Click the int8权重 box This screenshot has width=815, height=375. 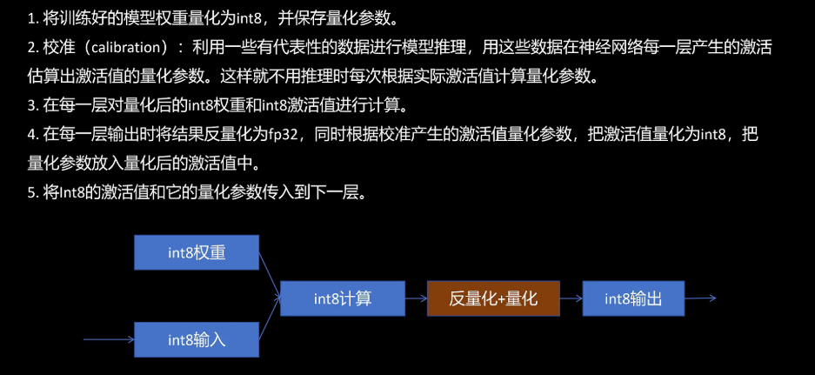(x=197, y=252)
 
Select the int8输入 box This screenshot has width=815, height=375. (x=197, y=338)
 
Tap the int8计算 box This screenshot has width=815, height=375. (x=343, y=298)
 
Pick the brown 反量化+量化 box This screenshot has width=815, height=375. (x=493, y=298)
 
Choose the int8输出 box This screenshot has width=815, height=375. (x=633, y=298)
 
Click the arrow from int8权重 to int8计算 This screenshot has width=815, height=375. (x=271, y=274)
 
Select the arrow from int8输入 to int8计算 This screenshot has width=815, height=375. (x=271, y=319)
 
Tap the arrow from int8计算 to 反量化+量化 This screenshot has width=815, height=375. (x=416, y=298)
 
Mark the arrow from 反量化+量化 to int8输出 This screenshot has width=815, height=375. (x=571, y=298)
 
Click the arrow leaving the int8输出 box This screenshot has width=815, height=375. (x=699, y=298)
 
